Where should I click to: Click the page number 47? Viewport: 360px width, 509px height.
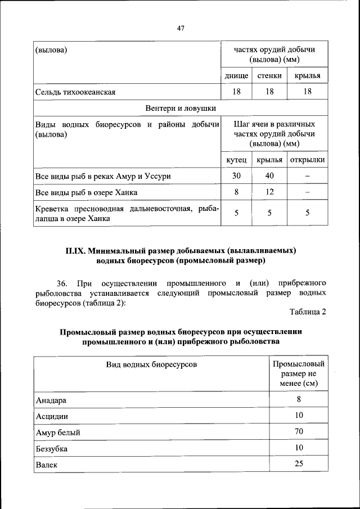pyautogui.click(x=180, y=28)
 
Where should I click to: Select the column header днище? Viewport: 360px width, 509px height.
pyautogui.click(x=236, y=75)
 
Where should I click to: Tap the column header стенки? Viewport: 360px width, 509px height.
pyautogui.click(x=269, y=75)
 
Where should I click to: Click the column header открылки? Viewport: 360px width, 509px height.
pyautogui.click(x=307, y=160)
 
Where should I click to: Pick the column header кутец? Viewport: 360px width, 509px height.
pyautogui.click(x=236, y=160)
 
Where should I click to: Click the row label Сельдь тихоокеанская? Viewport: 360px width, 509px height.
pyautogui.click(x=75, y=92)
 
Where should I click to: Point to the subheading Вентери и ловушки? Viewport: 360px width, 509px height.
pyautogui.click(x=181, y=108)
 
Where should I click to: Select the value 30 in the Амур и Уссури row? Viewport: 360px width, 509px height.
pyautogui.click(x=236, y=176)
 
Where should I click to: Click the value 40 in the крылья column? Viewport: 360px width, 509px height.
pyautogui.click(x=269, y=176)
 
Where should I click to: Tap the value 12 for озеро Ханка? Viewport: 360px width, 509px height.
pyautogui.click(x=269, y=192)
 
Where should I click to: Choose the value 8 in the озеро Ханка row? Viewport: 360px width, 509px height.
pyautogui.click(x=236, y=192)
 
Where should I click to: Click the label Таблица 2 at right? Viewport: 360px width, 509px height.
pyautogui.click(x=308, y=312)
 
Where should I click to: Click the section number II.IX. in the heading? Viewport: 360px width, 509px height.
pyautogui.click(x=76, y=250)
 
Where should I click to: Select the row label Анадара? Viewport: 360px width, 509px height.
pyautogui.click(x=51, y=400)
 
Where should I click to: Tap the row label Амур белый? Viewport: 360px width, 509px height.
pyautogui.click(x=57, y=433)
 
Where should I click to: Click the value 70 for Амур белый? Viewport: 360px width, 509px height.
pyautogui.click(x=298, y=431)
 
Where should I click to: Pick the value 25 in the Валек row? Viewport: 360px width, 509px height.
pyautogui.click(x=298, y=463)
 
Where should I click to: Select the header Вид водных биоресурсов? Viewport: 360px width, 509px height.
pyautogui.click(x=152, y=365)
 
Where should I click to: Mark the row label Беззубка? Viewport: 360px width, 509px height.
pyautogui.click(x=53, y=449)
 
